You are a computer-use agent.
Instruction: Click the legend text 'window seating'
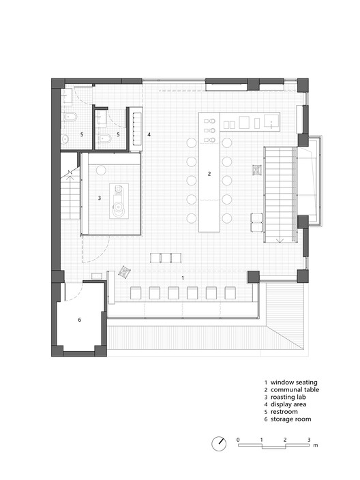[294, 382]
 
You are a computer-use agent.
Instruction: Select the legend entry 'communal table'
[295, 390]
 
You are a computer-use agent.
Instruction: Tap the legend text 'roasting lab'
[289, 398]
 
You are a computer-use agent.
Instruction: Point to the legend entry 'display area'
[289, 406]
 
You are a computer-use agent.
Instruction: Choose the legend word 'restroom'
[286, 415]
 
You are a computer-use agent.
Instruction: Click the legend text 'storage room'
[291, 423]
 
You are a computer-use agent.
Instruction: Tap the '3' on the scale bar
[309, 438]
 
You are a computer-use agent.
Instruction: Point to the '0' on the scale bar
[238, 438]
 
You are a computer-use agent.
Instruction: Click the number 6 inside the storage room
[79, 319]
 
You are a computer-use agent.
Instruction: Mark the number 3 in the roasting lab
[99, 198]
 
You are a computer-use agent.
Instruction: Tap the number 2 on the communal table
[209, 174]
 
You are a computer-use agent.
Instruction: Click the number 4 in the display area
[149, 134]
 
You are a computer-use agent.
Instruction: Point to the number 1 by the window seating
[182, 279]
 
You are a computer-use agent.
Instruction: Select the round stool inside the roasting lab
[101, 169]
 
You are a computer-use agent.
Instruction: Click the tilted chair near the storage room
[124, 272]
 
